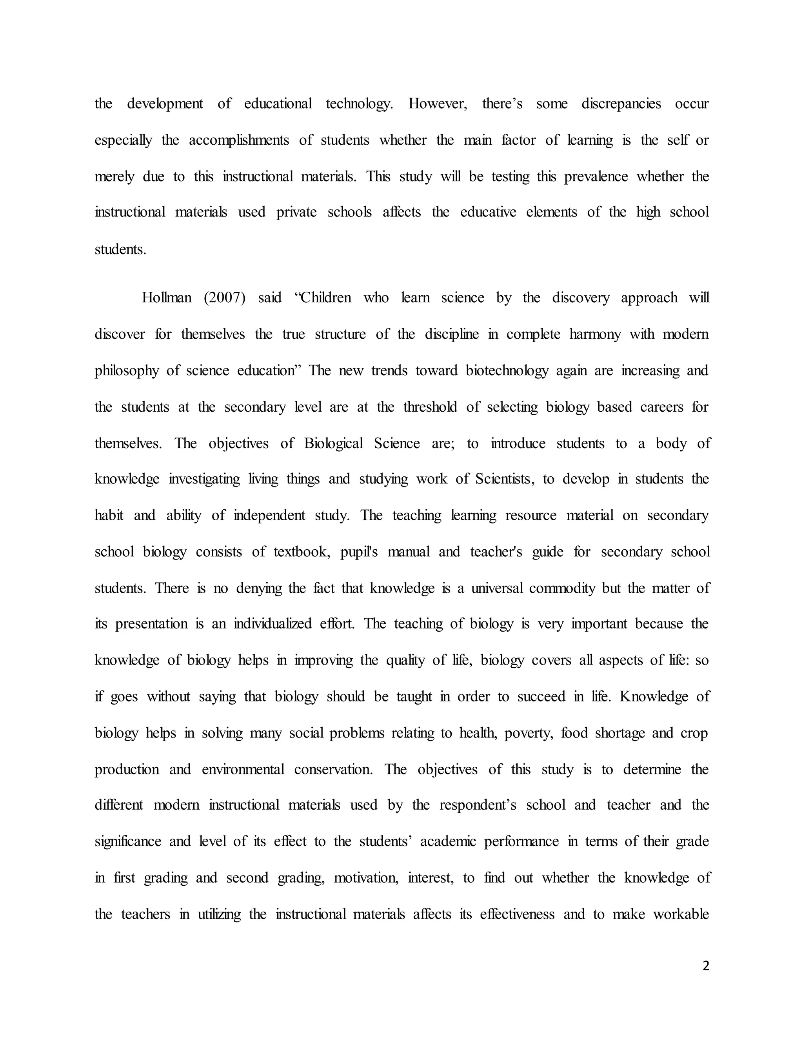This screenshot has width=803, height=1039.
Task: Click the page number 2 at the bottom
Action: (705, 965)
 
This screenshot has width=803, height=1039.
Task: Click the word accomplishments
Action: (239, 140)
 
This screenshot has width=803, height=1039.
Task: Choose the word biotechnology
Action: (507, 371)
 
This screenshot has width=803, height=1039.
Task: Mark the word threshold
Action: (430, 407)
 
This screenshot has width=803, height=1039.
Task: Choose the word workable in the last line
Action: (681, 914)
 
